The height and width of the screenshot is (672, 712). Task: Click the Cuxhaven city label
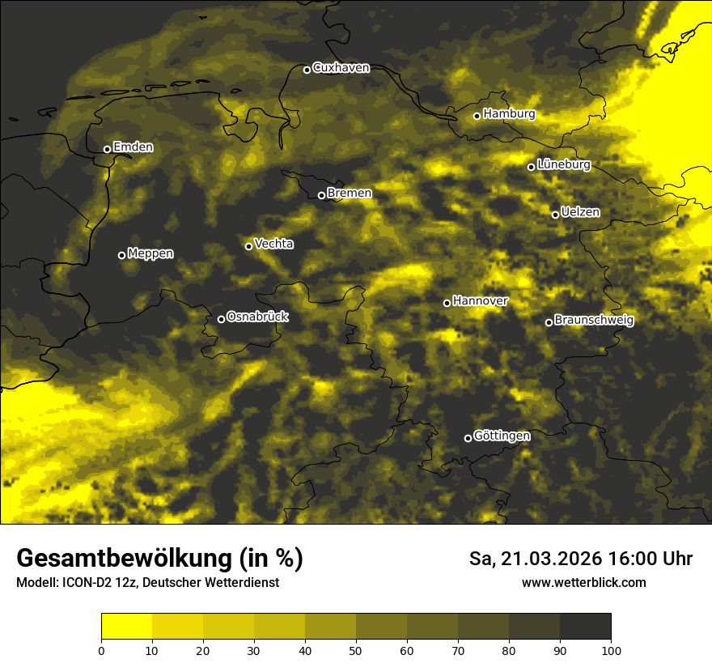pyautogui.click(x=341, y=68)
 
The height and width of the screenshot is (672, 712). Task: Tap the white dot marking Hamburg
pyautogui.click(x=477, y=116)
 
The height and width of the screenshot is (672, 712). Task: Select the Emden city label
pyautogui.click(x=133, y=147)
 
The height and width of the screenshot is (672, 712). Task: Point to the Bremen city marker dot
pyautogui.click(x=321, y=195)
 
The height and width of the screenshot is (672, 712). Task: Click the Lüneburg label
pyautogui.click(x=563, y=165)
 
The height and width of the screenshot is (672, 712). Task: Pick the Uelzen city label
pyautogui.click(x=580, y=212)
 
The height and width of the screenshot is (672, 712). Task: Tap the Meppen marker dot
pyautogui.click(x=122, y=255)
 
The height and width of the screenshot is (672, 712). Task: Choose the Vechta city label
pyautogui.click(x=273, y=244)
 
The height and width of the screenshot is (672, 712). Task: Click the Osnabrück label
pyautogui.click(x=257, y=317)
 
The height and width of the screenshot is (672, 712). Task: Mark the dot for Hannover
pyautogui.click(x=447, y=303)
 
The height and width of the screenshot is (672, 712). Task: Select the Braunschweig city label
pyautogui.click(x=594, y=321)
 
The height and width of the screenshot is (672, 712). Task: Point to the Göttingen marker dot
pyautogui.click(x=468, y=438)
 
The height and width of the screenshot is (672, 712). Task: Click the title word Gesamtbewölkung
pyautogui.click(x=121, y=559)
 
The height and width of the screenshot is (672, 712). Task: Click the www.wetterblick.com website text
pyautogui.click(x=583, y=582)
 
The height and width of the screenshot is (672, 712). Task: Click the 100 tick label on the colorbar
pyautogui.click(x=611, y=649)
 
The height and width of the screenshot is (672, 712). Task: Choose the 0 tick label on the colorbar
pyautogui.click(x=101, y=649)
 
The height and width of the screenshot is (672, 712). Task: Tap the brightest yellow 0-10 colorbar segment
pyautogui.click(x=126, y=627)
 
